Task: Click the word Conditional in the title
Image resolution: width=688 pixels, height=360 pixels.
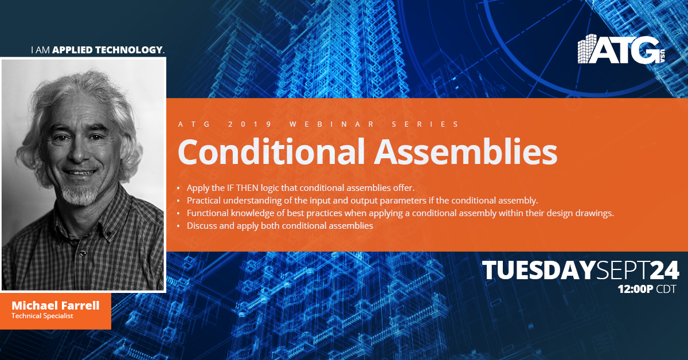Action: coord(271,152)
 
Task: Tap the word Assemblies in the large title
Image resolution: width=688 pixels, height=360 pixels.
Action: coord(466,152)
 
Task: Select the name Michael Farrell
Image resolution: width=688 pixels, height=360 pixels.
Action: coord(56,306)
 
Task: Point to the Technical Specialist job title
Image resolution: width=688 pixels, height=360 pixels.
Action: coord(42,316)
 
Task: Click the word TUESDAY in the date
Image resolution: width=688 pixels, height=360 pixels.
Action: coord(539,271)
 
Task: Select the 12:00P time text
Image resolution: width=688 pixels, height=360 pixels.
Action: coord(635,289)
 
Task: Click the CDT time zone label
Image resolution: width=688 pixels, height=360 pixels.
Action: coord(666,289)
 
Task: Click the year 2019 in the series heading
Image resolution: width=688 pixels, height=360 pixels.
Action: coord(250,124)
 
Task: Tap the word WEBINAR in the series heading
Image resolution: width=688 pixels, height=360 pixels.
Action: coord(332,124)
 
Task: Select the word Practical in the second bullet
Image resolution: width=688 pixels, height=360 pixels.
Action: coord(204,201)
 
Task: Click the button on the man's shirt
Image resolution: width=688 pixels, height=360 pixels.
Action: coord(83,253)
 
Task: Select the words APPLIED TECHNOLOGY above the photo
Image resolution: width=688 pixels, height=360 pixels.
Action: coord(107,50)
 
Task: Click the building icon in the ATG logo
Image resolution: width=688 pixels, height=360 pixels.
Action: coord(587,49)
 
